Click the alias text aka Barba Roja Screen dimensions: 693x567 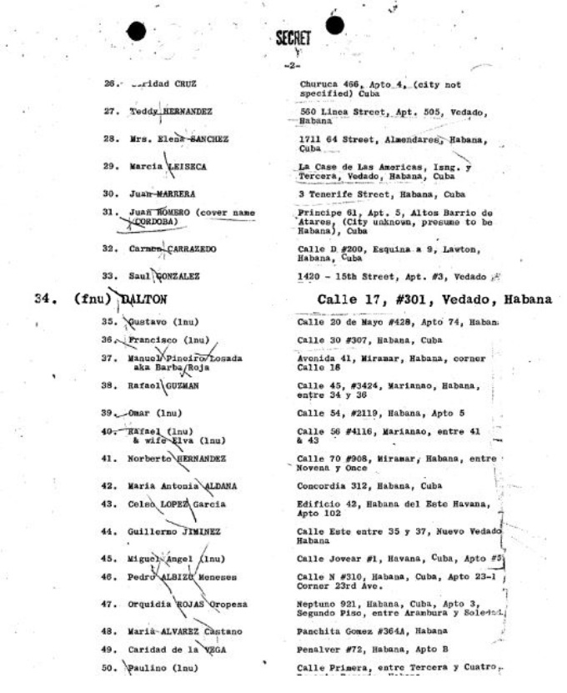163,364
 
